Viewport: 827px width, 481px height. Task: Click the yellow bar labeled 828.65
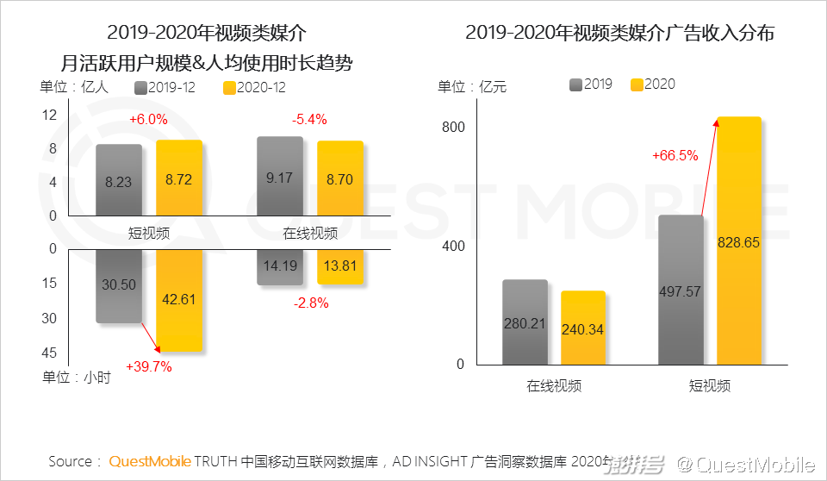click(739, 241)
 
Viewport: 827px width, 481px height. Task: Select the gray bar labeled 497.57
click(681, 290)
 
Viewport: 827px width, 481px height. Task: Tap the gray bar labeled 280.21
click(525, 322)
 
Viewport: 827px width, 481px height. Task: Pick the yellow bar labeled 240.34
click(583, 328)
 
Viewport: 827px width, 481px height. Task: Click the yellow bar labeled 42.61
click(179, 300)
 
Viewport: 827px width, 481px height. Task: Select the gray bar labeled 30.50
click(119, 286)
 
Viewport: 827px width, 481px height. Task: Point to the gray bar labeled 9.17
click(280, 176)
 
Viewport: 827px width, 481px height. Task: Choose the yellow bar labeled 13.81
click(340, 266)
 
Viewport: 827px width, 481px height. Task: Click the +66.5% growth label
click(675, 156)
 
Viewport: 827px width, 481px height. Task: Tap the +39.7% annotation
click(149, 366)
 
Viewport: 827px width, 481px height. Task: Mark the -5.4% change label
click(310, 120)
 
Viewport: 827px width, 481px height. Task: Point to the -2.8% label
click(311, 303)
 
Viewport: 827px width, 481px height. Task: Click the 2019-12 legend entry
click(168, 87)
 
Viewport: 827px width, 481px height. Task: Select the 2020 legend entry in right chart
click(653, 84)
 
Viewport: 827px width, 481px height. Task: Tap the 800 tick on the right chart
click(454, 128)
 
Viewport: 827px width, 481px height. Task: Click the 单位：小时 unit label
click(76, 377)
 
